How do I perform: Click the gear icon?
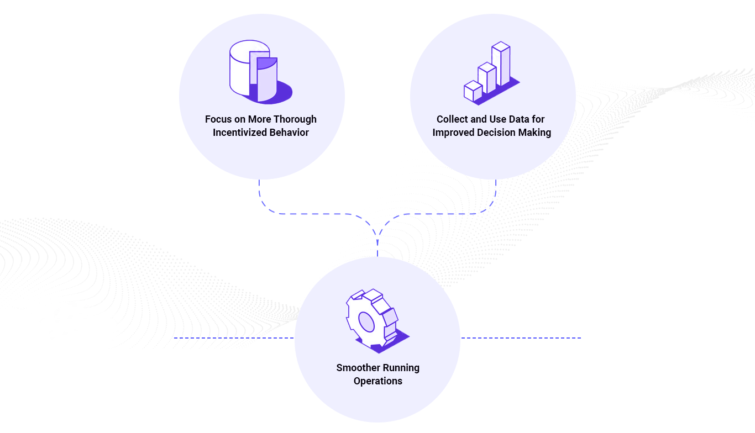coord(376,321)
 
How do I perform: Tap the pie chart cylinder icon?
coord(260,72)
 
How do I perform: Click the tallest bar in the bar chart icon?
coord(501,65)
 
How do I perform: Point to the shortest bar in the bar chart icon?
coord(473,91)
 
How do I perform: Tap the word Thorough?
coord(295,119)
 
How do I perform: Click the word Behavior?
coord(289,133)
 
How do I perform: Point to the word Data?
coord(516,119)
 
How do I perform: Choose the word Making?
coord(536,133)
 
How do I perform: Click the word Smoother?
coord(357,368)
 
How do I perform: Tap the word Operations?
coord(377,381)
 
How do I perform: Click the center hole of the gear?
coord(366,322)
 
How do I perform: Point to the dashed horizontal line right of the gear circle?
coord(521,337)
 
